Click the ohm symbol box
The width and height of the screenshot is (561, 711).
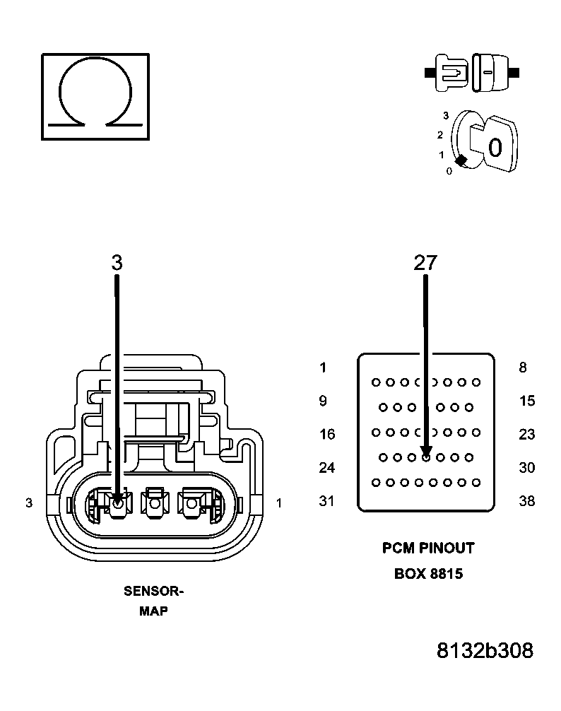(x=95, y=95)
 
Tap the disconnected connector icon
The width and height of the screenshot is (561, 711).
(x=471, y=72)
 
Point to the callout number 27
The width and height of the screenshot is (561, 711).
(x=425, y=263)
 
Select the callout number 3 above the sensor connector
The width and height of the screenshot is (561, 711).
(x=117, y=263)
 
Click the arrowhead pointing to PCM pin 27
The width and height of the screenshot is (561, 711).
(x=426, y=452)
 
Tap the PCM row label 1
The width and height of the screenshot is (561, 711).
(x=323, y=368)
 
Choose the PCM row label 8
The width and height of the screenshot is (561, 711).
(x=522, y=368)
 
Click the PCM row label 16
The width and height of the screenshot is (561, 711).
(x=326, y=435)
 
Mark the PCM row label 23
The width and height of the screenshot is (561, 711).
(x=526, y=435)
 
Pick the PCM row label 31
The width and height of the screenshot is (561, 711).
(x=326, y=501)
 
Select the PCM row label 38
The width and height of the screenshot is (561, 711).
(x=526, y=501)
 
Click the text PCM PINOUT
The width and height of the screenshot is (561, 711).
(x=428, y=548)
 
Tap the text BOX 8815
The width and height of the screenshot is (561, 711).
(x=428, y=574)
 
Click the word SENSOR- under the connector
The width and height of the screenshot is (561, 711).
(x=153, y=592)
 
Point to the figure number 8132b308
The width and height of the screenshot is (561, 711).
(x=485, y=650)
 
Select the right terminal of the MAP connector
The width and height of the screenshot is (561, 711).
(x=191, y=503)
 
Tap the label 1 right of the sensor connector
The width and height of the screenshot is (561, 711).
(x=280, y=503)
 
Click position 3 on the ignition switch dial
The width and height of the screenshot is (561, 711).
(x=446, y=115)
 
